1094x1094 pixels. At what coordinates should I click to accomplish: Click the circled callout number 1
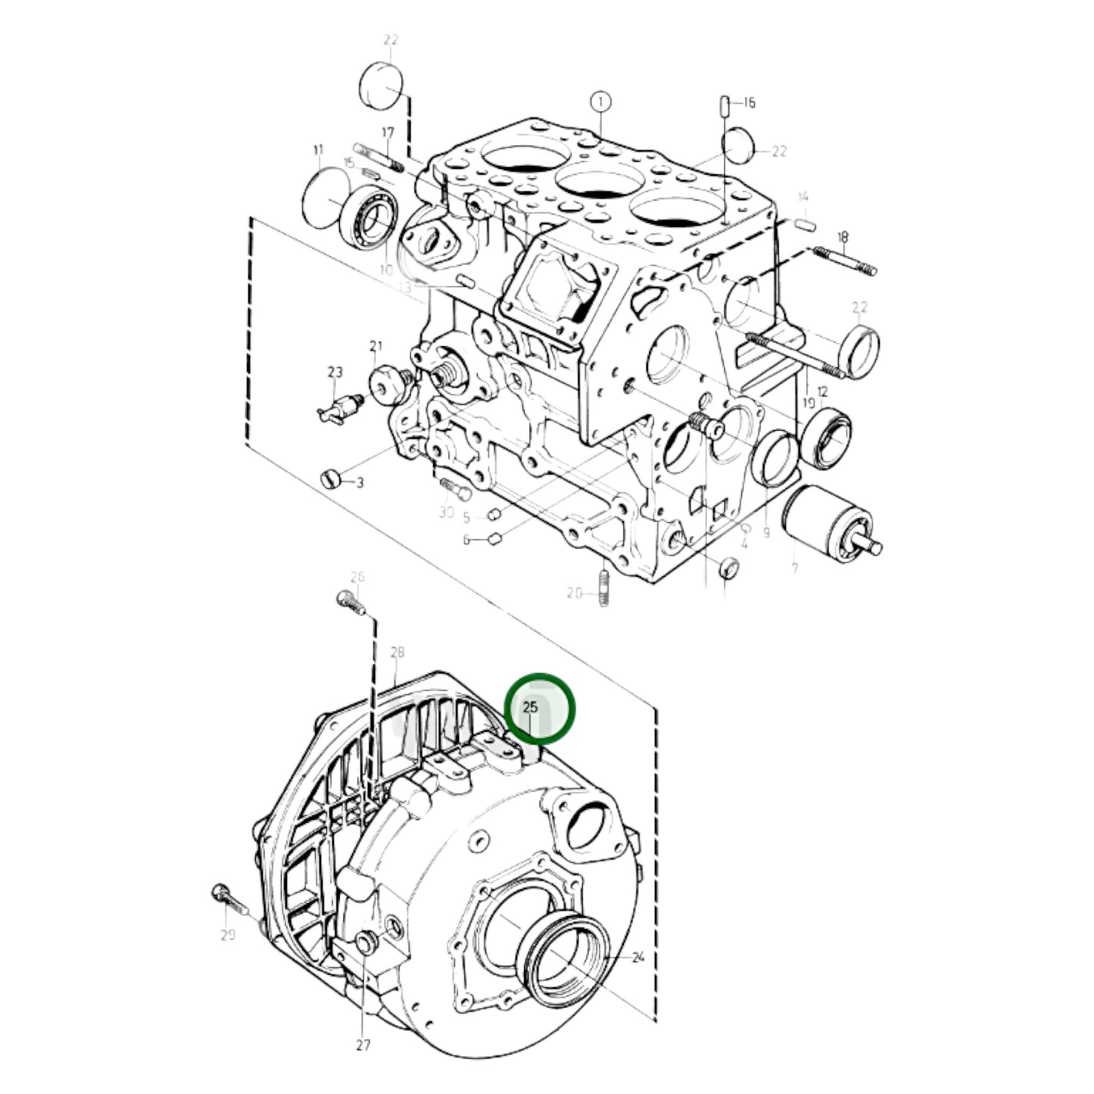click(600, 101)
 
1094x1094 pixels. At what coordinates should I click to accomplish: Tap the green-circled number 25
click(531, 708)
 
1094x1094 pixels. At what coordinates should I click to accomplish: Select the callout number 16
click(749, 103)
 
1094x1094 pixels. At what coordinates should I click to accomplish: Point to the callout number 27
click(363, 1046)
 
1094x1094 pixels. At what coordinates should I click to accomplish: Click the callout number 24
click(637, 958)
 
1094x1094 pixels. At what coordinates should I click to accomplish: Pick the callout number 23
click(335, 372)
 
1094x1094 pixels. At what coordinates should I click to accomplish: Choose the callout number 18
click(843, 236)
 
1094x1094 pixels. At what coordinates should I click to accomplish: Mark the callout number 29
click(228, 936)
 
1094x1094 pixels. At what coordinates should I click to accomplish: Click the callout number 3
click(360, 482)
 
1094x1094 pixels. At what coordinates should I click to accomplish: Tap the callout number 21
click(376, 347)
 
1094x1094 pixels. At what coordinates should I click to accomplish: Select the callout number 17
click(388, 133)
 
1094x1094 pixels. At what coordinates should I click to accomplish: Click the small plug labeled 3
click(329, 479)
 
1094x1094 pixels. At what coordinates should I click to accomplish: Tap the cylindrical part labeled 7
click(825, 525)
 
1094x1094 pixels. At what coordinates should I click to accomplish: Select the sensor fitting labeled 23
click(338, 409)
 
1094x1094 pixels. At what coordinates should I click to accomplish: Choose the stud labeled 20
click(603, 588)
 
